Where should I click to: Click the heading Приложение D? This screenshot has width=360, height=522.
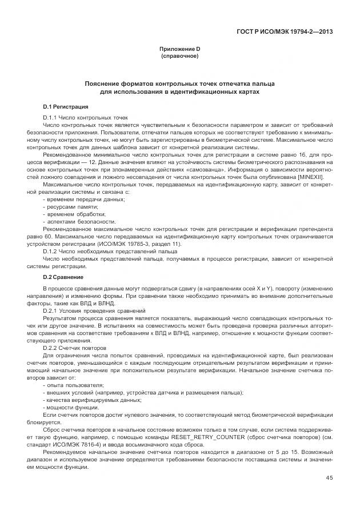(x=179, y=49)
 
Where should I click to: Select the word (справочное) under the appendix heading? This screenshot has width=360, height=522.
(x=179, y=57)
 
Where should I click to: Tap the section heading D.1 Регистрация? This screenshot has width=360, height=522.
(x=65, y=106)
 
